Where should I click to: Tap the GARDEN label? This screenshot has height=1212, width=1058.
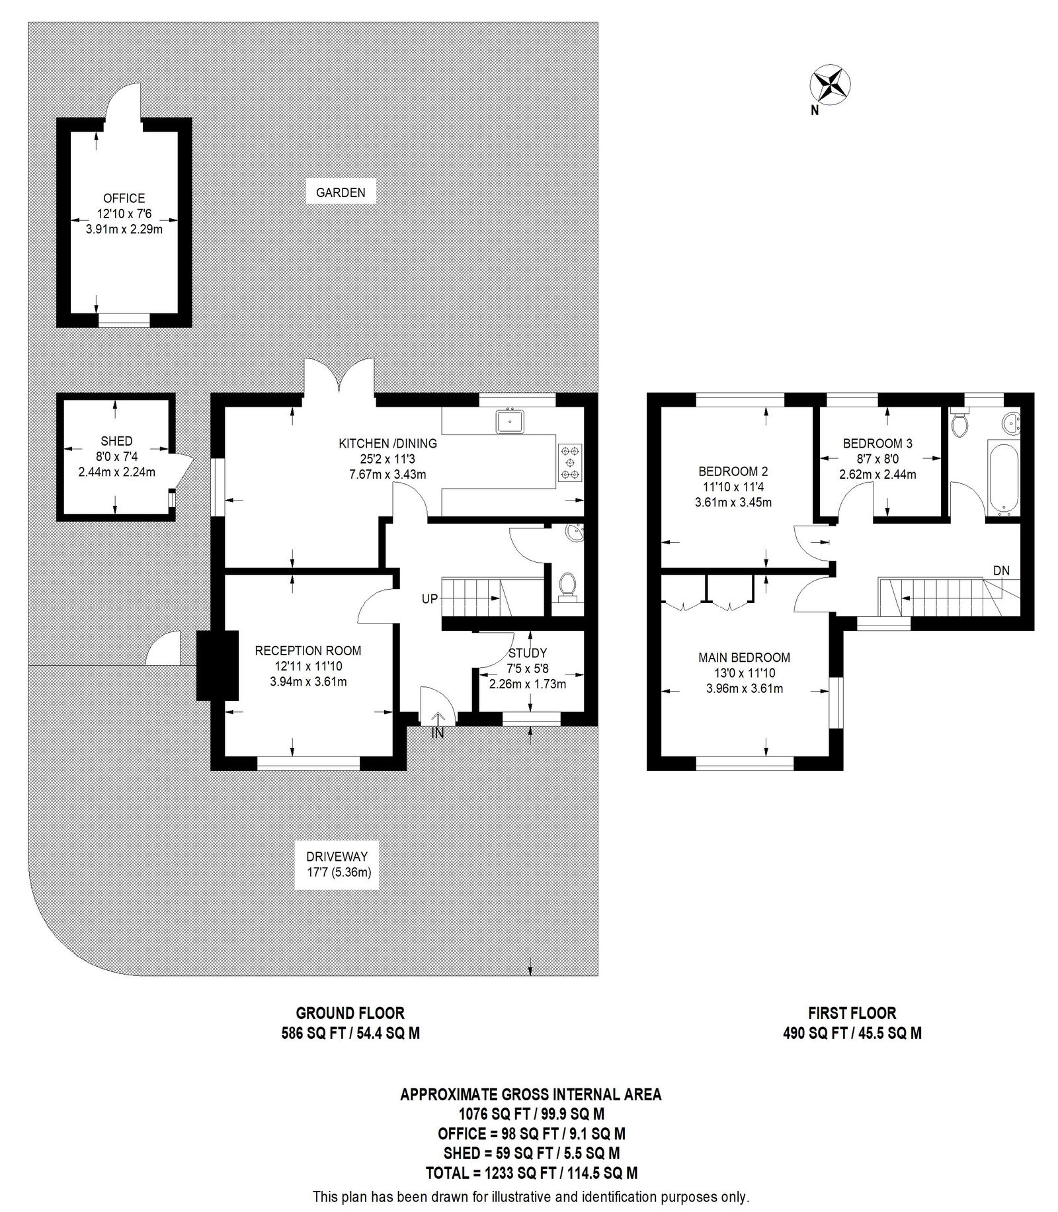point(341,193)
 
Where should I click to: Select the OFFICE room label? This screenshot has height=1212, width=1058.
point(124,198)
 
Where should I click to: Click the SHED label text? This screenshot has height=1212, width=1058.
point(116,441)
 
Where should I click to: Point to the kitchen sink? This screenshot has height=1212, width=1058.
point(510,421)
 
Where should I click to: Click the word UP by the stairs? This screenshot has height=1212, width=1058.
point(430,599)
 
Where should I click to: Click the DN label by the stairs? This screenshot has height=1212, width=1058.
point(1001,571)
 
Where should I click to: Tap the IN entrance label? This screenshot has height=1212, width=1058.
point(438,733)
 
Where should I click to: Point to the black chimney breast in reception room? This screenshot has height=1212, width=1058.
point(218,665)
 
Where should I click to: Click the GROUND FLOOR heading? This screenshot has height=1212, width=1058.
point(350,1013)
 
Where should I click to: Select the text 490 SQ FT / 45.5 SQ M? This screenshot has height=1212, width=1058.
point(852,1033)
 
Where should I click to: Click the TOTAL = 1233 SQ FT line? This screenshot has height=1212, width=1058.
point(531,1173)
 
